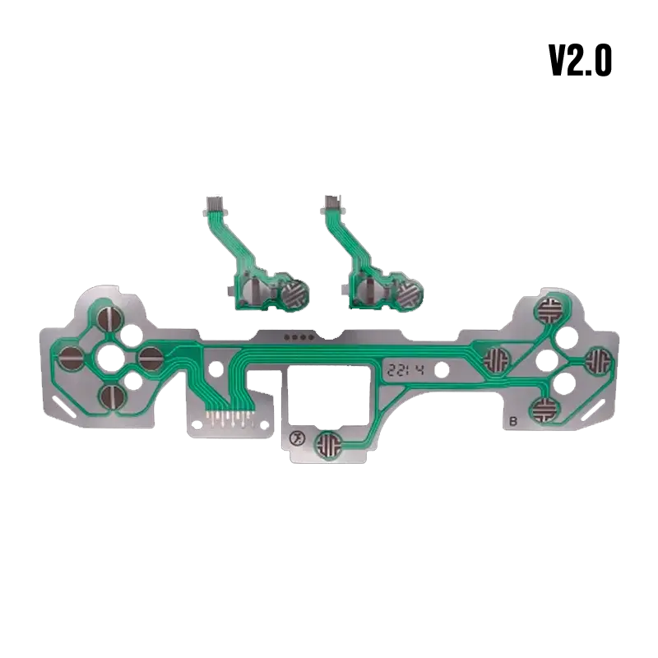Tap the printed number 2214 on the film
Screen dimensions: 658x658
[405, 369]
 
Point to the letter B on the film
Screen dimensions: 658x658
[512, 421]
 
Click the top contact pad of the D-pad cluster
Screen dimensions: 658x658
[110, 318]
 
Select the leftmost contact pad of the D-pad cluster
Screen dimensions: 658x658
[70, 359]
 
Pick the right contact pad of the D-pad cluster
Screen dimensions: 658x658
[151, 359]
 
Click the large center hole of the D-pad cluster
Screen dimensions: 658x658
[111, 358]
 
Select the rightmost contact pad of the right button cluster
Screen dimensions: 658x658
[599, 361]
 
